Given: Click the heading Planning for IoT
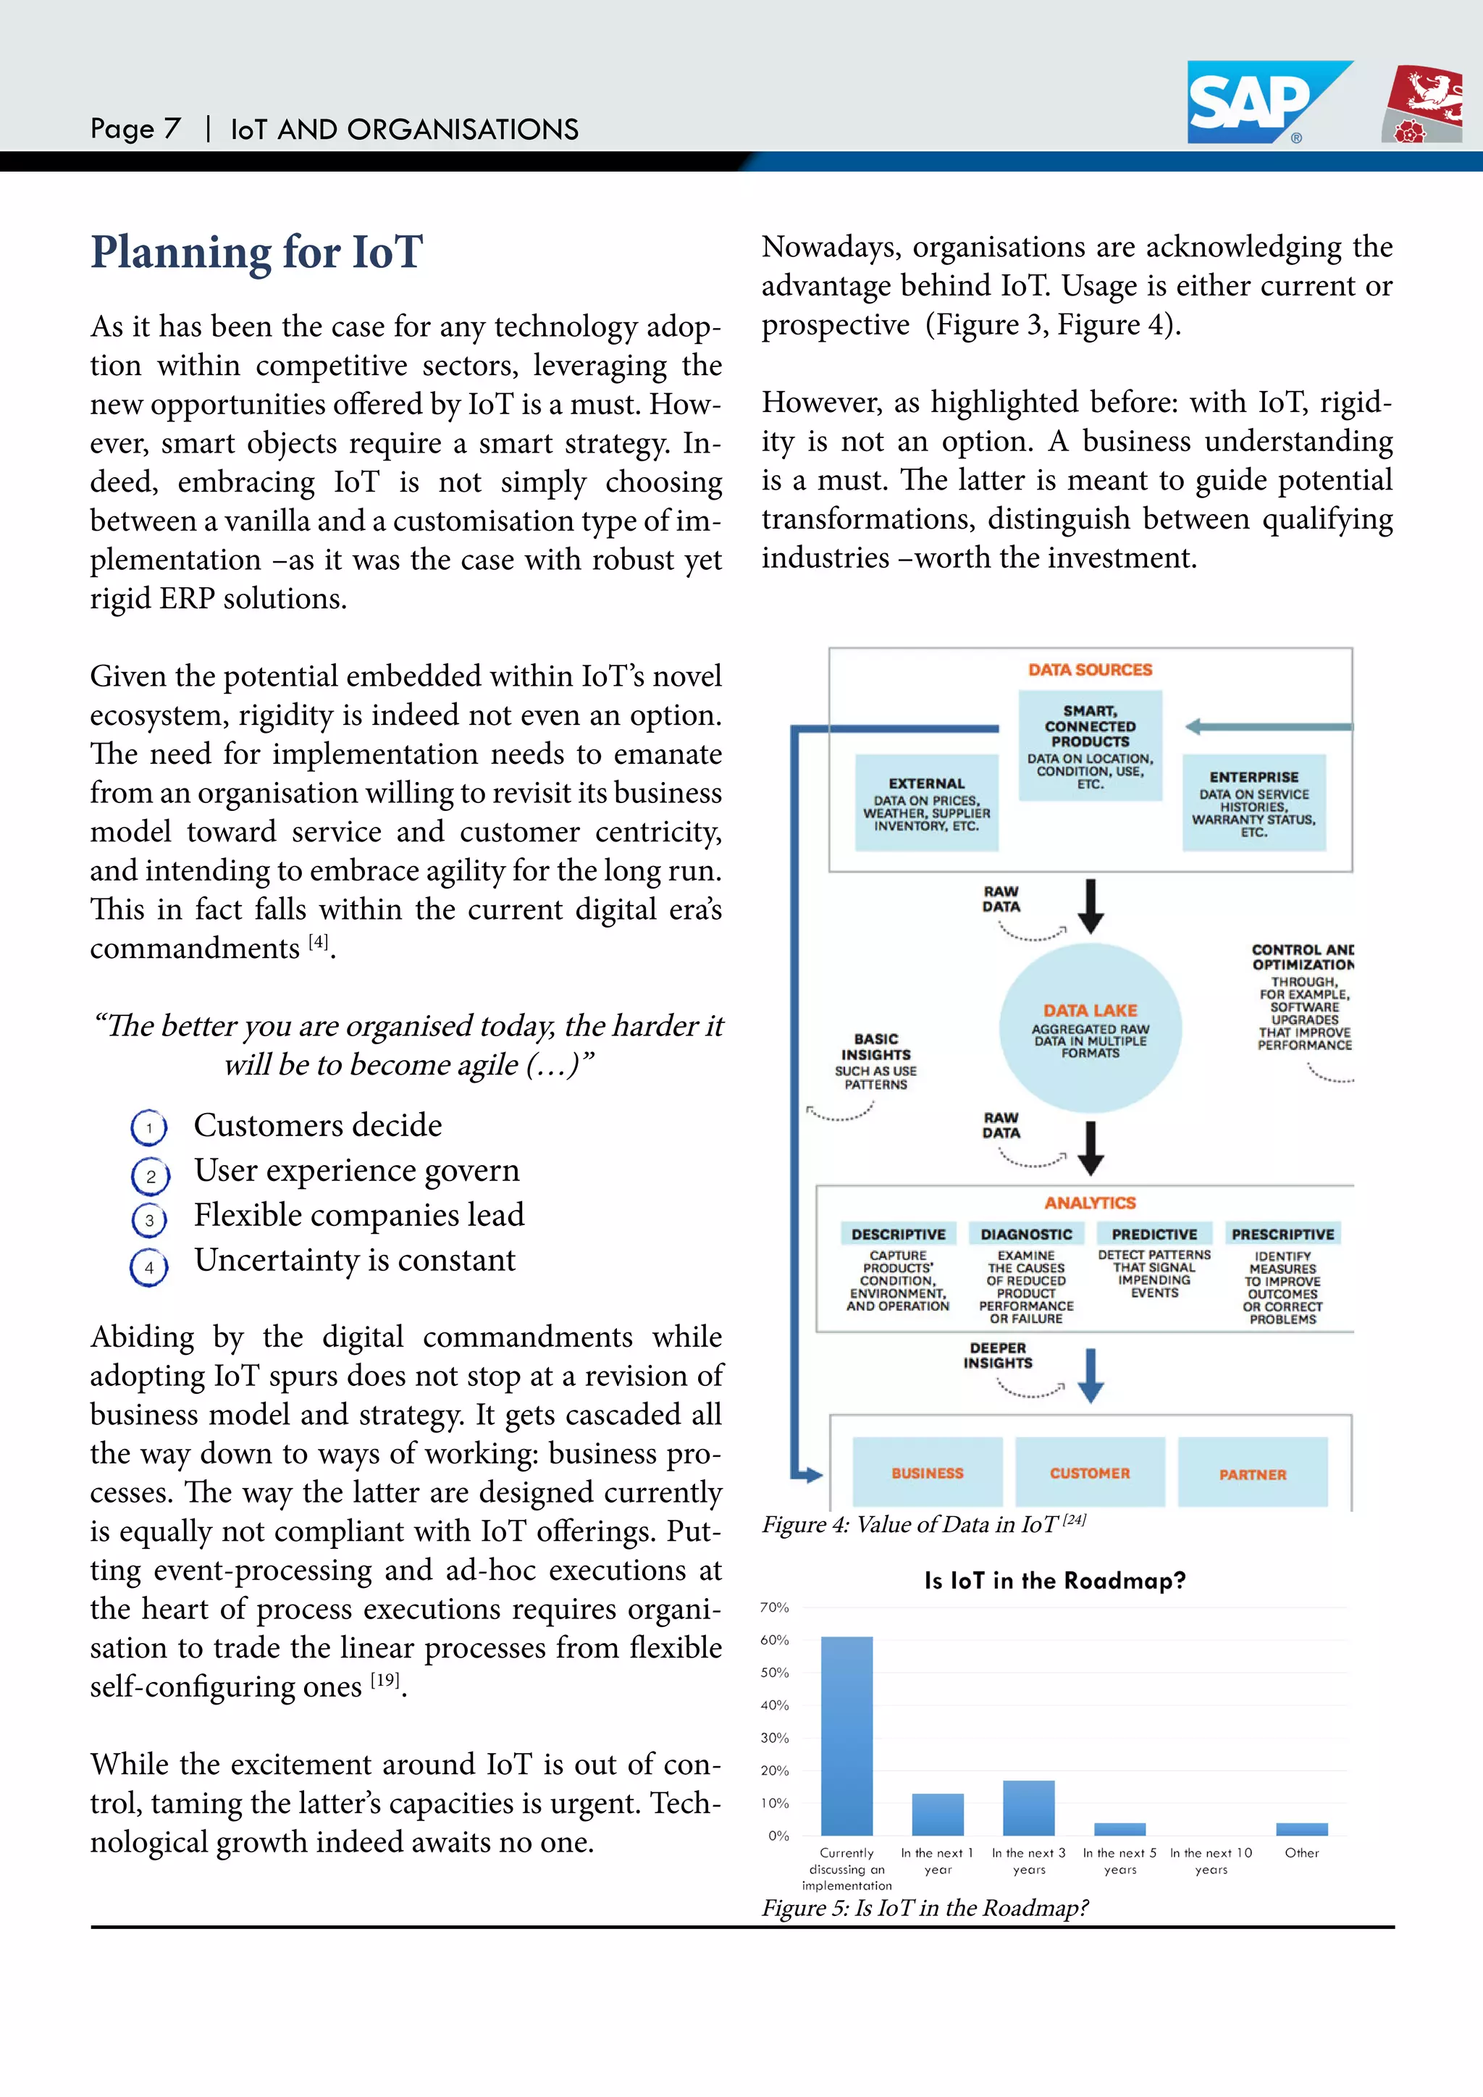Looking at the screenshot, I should click(x=256, y=253).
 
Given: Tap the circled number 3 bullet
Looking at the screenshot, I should click(x=149, y=1220).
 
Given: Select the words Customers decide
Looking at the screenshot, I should click(x=318, y=1125).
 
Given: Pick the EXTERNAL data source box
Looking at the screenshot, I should click(x=926, y=803).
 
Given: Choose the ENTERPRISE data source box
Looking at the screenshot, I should click(x=1253, y=803).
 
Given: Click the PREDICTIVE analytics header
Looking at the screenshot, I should click(x=1154, y=1234).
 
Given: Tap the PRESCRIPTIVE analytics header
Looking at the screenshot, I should click(x=1282, y=1234).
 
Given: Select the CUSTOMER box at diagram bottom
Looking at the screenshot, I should click(x=1089, y=1472).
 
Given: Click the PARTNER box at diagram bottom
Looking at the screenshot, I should click(x=1252, y=1474).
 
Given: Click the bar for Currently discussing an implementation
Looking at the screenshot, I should click(x=846, y=1736).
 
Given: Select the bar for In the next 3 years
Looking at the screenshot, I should click(x=1028, y=1807).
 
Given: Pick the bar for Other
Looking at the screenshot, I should click(x=1301, y=1828).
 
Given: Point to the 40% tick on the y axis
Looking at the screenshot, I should click(x=774, y=1705).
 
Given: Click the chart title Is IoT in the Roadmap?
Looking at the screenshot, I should click(x=1055, y=1581).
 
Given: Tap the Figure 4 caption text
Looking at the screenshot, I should click(x=923, y=1524).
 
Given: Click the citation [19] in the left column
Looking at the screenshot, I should click(x=385, y=1680).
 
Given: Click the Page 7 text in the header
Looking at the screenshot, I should click(x=135, y=129).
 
